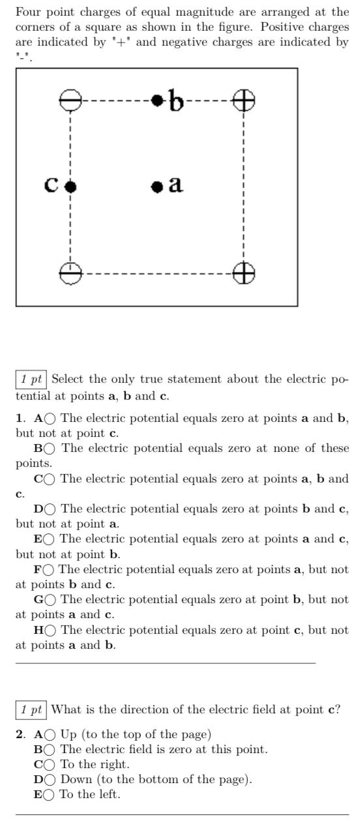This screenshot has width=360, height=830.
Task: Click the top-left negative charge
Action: point(70,100)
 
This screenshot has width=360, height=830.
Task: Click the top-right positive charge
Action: point(244,100)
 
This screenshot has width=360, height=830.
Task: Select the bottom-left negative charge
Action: point(70,273)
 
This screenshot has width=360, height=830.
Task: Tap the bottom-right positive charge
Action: point(244,273)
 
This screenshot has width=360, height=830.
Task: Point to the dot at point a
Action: point(157,187)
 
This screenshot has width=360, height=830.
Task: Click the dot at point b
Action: point(157,100)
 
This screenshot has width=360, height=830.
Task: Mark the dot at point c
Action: point(70,187)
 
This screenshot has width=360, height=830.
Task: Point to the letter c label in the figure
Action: point(52,185)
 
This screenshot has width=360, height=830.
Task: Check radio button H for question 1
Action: point(50,630)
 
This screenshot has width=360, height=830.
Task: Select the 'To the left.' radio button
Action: point(49,794)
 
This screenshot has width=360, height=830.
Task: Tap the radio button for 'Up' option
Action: point(50,734)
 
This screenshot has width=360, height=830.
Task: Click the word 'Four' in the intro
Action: point(27,12)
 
